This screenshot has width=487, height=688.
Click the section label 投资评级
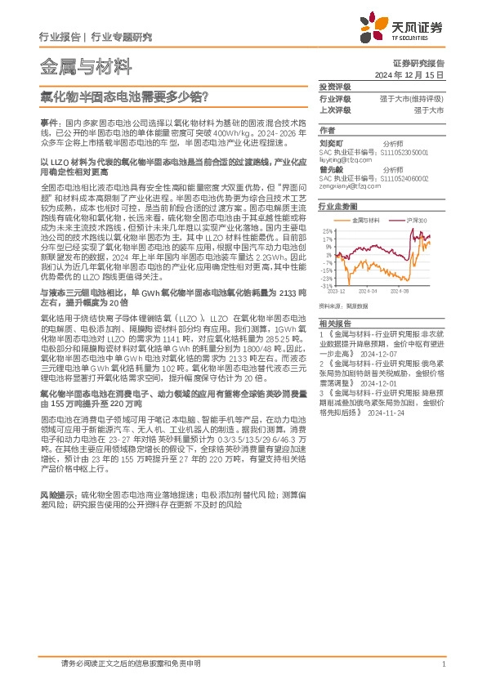334,87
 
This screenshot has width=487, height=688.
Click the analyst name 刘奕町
330,142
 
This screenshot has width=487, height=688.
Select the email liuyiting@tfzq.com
351,161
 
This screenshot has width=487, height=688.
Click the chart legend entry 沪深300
417,221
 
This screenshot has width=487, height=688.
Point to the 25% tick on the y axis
327,230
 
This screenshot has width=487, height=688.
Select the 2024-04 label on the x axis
365,291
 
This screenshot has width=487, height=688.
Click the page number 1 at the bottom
442,664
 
